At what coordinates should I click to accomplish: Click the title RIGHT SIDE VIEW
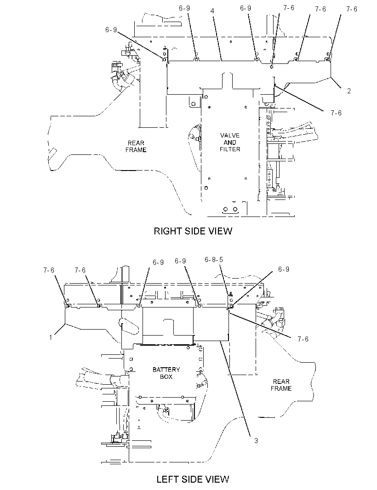(193, 231)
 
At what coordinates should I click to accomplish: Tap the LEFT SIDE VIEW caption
(193, 479)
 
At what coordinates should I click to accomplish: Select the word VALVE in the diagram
(230, 135)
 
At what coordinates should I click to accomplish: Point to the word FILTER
(230, 149)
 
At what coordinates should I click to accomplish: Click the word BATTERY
(166, 370)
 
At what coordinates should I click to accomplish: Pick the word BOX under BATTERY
(166, 376)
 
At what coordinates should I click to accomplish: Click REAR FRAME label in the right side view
(136, 146)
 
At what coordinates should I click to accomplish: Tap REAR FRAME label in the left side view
(281, 385)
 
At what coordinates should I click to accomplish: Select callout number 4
(212, 11)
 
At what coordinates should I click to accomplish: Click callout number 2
(349, 91)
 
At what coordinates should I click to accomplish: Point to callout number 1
(51, 337)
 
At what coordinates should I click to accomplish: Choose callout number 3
(256, 441)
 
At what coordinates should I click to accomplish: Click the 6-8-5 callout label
(214, 260)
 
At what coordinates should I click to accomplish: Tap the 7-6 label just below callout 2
(336, 113)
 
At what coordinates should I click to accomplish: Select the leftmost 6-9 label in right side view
(111, 30)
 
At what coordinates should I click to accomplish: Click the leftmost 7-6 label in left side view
(49, 270)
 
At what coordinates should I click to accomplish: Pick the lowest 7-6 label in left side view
(303, 339)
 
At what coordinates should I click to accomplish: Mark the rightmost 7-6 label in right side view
(352, 9)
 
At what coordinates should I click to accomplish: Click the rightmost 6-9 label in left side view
(284, 269)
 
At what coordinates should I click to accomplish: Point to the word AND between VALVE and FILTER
(230, 142)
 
